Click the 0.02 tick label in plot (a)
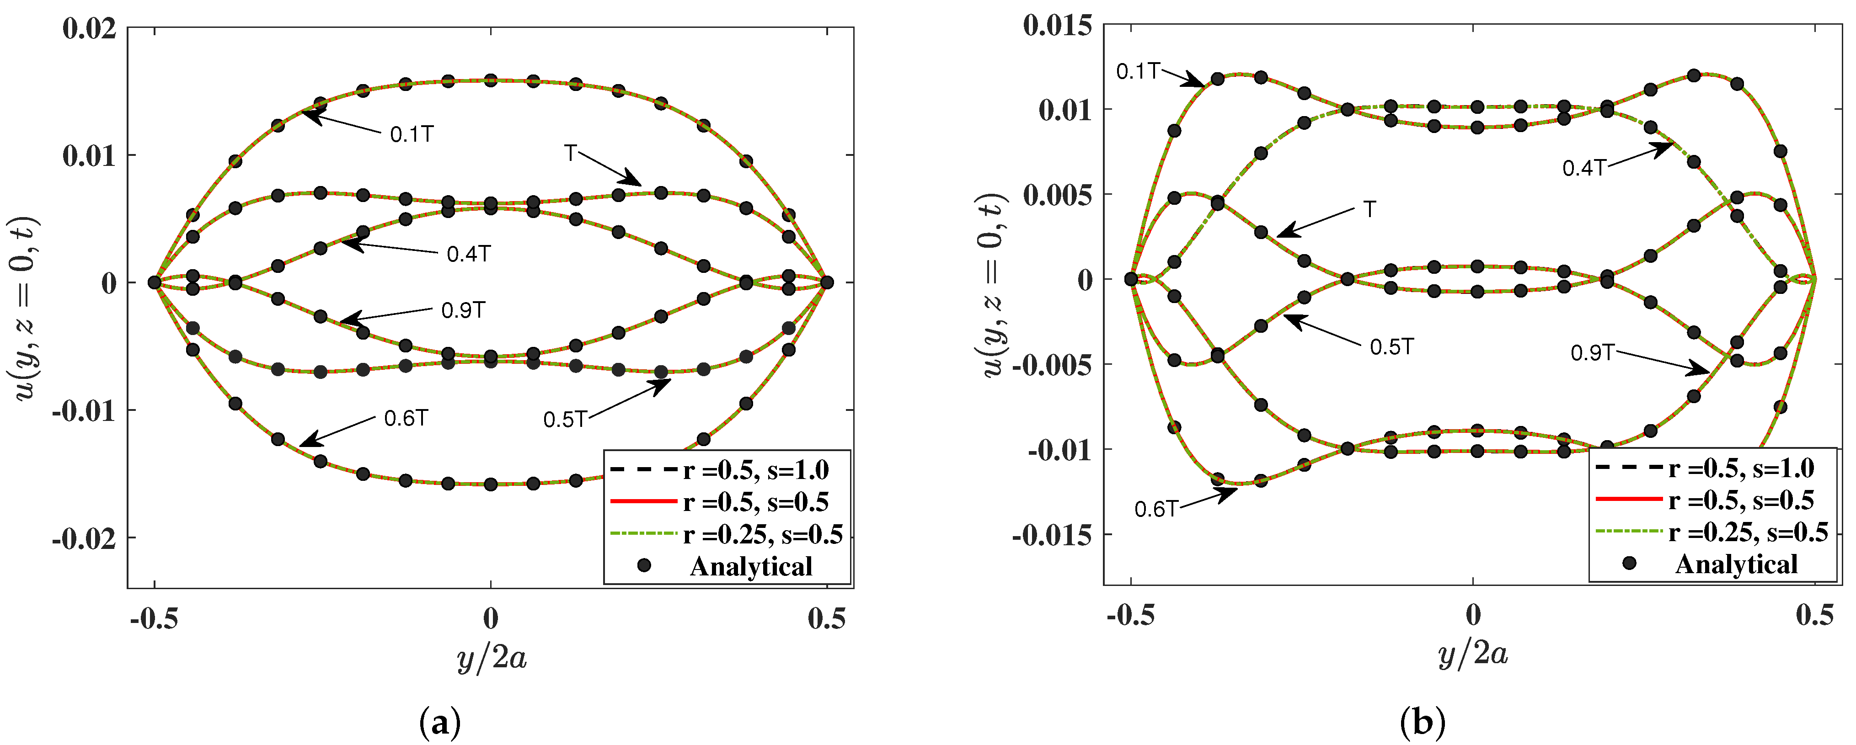(x=89, y=29)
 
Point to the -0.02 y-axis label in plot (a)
(x=84, y=539)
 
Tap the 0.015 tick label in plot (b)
(x=1057, y=26)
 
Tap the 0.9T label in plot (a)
(x=463, y=310)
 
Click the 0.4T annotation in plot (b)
(x=1583, y=169)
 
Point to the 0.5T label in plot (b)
(x=1391, y=347)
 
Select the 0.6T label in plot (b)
(x=1155, y=510)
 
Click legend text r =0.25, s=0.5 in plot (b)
(x=1748, y=532)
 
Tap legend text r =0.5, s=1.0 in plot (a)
(x=756, y=470)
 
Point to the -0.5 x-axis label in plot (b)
(x=1130, y=615)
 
